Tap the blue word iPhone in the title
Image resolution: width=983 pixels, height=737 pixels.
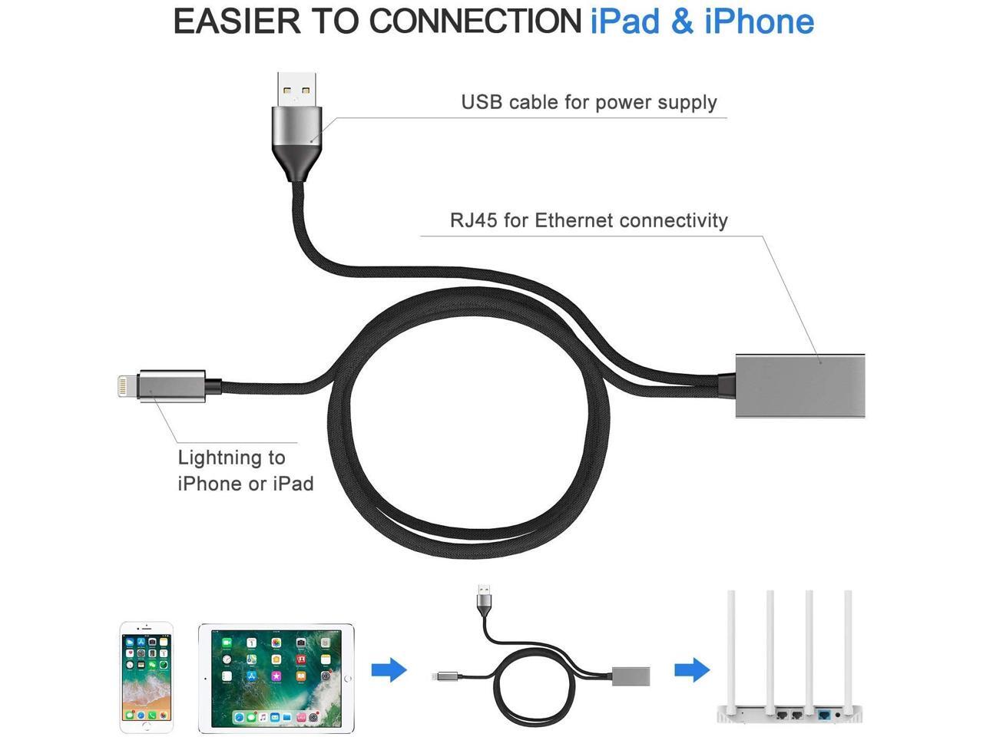(x=759, y=21)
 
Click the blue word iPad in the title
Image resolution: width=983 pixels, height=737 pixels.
(x=624, y=21)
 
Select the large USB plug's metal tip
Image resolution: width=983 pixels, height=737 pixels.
(x=296, y=89)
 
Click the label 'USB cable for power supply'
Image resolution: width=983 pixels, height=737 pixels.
(x=588, y=102)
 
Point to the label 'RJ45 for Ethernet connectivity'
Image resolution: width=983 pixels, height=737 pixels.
(x=588, y=220)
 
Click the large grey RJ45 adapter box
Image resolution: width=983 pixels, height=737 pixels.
(x=799, y=386)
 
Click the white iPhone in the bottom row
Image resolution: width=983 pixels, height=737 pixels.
(x=146, y=677)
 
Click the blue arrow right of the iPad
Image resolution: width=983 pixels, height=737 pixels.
(x=389, y=669)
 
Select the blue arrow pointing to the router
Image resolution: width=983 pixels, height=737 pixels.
(x=692, y=669)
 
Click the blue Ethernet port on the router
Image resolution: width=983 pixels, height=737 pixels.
(x=826, y=716)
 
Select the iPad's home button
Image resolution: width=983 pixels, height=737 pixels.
(x=348, y=679)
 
